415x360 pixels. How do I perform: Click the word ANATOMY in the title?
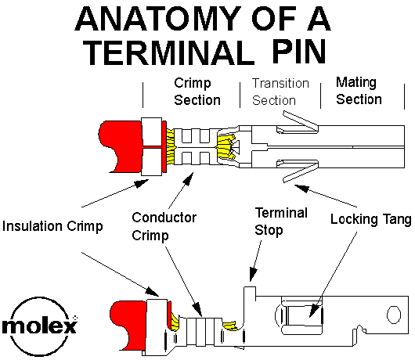(158, 19)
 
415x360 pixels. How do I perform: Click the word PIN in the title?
(299, 52)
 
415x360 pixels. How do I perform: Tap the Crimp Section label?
(197, 92)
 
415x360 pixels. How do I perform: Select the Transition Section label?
(280, 92)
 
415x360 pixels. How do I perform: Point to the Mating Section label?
(359, 92)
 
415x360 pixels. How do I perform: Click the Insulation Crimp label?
(52, 226)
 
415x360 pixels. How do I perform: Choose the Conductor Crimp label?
(164, 226)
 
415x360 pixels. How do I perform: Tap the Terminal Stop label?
(281, 221)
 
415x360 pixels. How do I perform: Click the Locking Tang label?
(371, 220)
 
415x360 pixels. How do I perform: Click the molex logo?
(40, 326)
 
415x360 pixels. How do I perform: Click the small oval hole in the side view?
(394, 315)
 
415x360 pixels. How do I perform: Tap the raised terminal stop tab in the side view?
(250, 293)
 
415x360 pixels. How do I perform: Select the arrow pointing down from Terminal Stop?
(255, 261)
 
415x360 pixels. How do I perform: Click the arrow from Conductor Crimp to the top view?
(181, 190)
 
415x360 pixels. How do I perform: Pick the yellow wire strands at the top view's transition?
(226, 147)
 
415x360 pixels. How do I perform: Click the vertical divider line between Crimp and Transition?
(240, 95)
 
